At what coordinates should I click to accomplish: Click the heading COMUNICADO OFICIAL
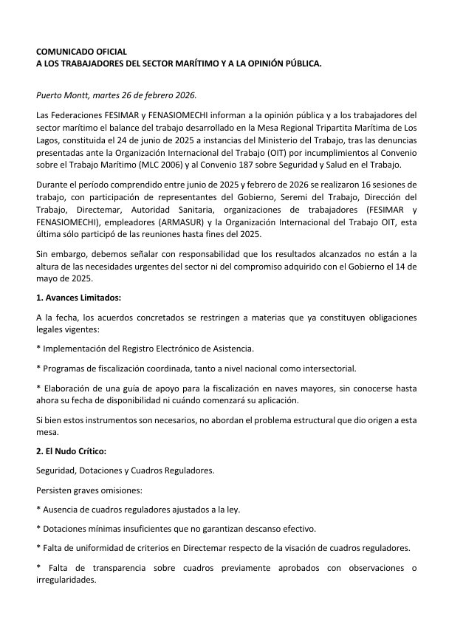tap(81, 52)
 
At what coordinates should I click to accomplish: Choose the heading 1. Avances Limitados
tap(78, 298)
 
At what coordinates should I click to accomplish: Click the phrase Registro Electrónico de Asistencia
tap(174, 348)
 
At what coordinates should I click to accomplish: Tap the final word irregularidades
tap(66, 580)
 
